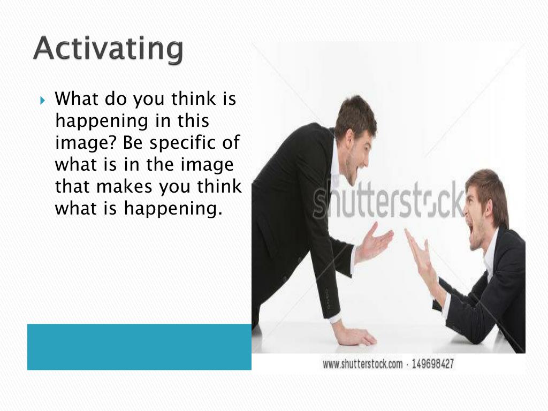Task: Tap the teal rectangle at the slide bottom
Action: click(x=139, y=347)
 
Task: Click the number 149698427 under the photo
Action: click(x=432, y=364)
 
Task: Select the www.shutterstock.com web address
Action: click(x=362, y=364)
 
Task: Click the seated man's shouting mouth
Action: click(x=470, y=232)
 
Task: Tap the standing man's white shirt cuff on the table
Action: click(x=336, y=319)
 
